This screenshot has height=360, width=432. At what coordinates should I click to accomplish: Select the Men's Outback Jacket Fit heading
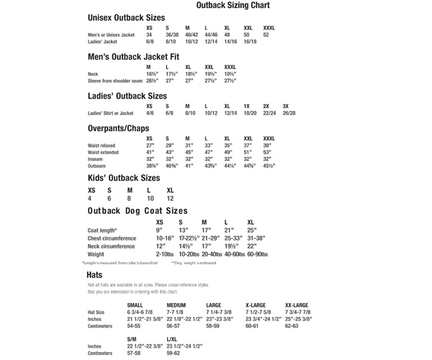point(133,57)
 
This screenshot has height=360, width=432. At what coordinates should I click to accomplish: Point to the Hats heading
point(94,275)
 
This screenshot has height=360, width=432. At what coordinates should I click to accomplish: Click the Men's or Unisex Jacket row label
point(111,35)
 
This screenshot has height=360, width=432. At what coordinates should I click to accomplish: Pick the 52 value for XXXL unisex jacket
point(266,35)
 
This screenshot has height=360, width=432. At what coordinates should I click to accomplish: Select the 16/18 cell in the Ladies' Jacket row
point(250,42)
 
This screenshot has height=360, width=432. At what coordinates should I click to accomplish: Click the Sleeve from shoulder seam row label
point(114,81)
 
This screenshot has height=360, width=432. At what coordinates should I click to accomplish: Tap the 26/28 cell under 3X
point(289,113)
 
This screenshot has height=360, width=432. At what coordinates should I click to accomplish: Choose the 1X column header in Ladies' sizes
point(246,106)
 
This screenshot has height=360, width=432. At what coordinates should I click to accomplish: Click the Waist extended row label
point(103,152)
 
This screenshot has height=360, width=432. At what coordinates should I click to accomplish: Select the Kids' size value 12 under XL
point(170,199)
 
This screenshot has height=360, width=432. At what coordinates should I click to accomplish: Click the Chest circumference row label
point(112,238)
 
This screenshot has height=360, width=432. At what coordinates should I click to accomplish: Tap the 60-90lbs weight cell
point(257,254)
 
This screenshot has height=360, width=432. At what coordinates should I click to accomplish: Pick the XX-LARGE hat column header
point(297,305)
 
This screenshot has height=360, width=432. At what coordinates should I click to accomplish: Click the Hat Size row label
point(96,312)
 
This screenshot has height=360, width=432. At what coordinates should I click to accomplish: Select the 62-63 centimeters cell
point(292,325)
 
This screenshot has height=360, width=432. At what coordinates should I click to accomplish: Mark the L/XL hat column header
point(172,338)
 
